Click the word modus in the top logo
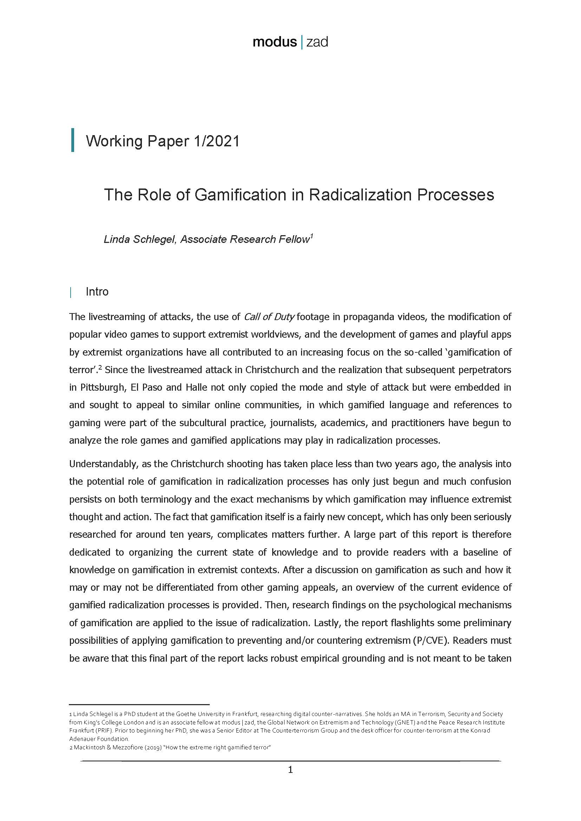(274, 42)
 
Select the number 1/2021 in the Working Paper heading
(216, 141)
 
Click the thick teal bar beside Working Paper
(73, 140)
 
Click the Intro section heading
(97, 292)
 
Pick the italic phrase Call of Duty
(269, 317)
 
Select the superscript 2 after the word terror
(100, 367)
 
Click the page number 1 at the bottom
(290, 769)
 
